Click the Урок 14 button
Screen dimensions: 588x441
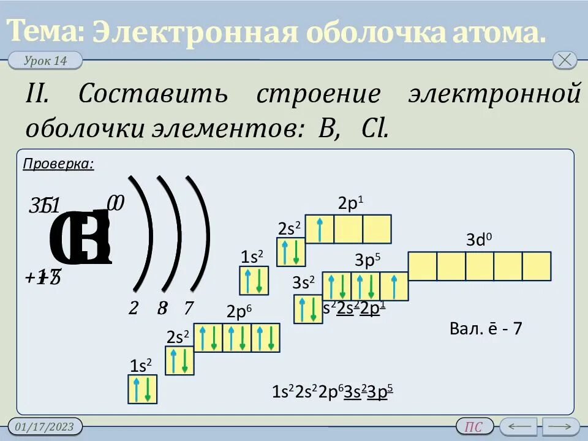(45, 61)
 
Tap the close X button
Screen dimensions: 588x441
(564, 60)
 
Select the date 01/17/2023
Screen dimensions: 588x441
(45, 426)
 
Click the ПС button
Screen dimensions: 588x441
(474, 427)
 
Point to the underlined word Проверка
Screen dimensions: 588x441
(58, 164)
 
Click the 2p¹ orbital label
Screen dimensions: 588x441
(350, 204)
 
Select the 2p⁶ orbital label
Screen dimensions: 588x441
(239, 312)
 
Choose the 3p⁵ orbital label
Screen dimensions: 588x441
(367, 260)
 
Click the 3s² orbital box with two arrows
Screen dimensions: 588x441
(308, 309)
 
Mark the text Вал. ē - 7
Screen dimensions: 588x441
(486, 329)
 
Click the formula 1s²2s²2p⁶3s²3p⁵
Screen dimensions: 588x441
(332, 392)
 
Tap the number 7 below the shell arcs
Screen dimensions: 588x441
(188, 308)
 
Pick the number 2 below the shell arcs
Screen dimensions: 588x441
(134, 308)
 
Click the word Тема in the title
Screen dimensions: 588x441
(47, 31)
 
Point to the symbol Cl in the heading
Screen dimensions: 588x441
(375, 129)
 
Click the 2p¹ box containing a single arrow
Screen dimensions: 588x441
(320, 229)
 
